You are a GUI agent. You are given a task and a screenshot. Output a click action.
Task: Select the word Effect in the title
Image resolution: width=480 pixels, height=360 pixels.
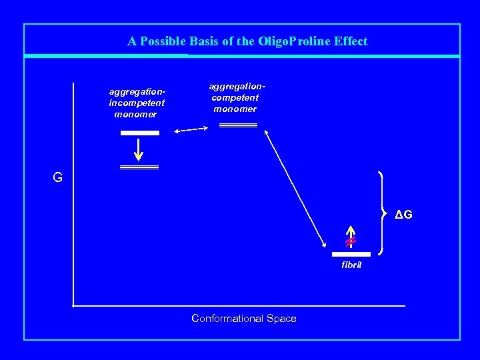(x=351, y=41)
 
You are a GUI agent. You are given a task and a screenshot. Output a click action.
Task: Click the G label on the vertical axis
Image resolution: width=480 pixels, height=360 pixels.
(x=58, y=178)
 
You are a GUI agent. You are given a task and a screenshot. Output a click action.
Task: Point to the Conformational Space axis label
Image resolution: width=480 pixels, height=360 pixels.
(x=243, y=319)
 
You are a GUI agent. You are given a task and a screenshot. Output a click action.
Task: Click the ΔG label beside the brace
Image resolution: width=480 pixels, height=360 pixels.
(x=403, y=215)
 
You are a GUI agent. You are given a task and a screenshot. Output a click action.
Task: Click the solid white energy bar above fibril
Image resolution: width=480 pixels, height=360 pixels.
(x=351, y=254)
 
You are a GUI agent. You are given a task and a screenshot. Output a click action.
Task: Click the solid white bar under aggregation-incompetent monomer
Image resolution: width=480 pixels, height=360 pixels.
(x=139, y=133)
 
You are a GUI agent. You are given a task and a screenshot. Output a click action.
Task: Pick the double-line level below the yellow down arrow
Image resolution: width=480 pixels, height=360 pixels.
(x=139, y=167)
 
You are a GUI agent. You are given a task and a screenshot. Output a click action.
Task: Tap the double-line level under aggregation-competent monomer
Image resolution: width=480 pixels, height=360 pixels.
(x=238, y=125)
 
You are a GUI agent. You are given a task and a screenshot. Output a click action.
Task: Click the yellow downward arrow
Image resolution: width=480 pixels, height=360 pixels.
(x=139, y=149)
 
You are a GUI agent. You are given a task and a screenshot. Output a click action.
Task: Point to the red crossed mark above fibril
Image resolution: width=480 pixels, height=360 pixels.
(x=350, y=240)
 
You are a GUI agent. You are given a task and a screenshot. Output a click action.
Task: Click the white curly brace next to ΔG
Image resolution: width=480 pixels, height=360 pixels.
(x=383, y=213)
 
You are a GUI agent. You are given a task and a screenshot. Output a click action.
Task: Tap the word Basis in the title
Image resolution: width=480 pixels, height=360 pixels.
(x=204, y=41)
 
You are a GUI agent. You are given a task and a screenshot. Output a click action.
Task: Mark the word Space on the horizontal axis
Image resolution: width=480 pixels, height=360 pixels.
(x=282, y=319)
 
